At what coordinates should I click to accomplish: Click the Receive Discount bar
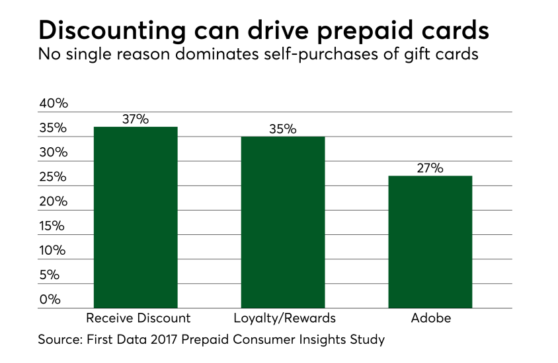[136, 217]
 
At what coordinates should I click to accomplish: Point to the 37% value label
[136, 119]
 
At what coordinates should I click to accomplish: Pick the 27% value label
[430, 168]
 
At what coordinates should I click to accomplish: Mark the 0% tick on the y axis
[50, 299]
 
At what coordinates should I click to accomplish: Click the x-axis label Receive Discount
[138, 318]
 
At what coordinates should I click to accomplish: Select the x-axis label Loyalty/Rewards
[285, 318]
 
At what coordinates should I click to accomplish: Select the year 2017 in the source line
[176, 341]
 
